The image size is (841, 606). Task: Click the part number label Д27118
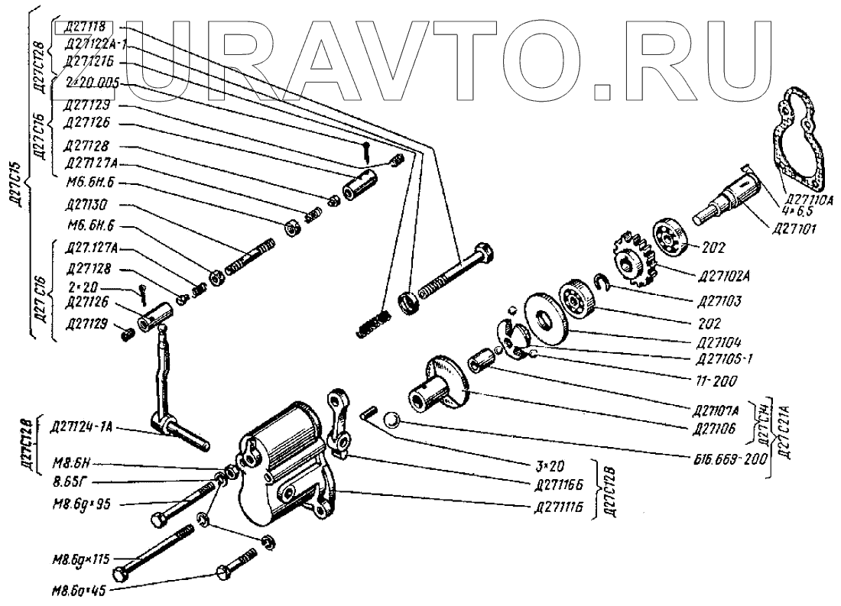pyautogui.click(x=86, y=28)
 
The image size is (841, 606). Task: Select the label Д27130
pyautogui.click(x=86, y=204)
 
